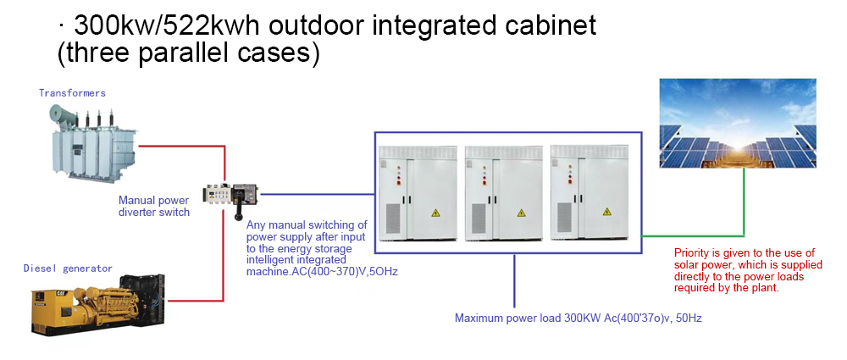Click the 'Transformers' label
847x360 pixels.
click(x=72, y=93)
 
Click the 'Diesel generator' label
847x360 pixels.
click(x=68, y=269)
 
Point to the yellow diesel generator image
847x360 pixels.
click(x=98, y=305)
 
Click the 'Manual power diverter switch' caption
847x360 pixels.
click(x=154, y=206)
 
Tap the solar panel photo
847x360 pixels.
click(x=738, y=123)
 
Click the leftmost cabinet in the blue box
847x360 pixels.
click(x=418, y=193)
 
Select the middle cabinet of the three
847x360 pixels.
click(x=504, y=193)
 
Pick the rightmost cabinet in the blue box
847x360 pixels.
click(x=590, y=193)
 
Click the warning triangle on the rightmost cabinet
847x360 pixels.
click(x=606, y=213)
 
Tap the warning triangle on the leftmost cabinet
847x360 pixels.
click(x=435, y=213)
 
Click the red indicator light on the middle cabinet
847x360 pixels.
click(x=484, y=183)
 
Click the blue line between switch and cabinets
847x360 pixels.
click(x=317, y=193)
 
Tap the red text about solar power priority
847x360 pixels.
click(x=748, y=270)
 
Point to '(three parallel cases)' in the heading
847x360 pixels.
click(x=189, y=54)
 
